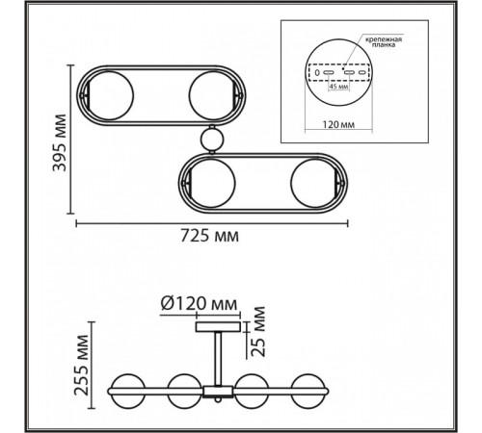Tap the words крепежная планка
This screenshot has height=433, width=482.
[x=383, y=42]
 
